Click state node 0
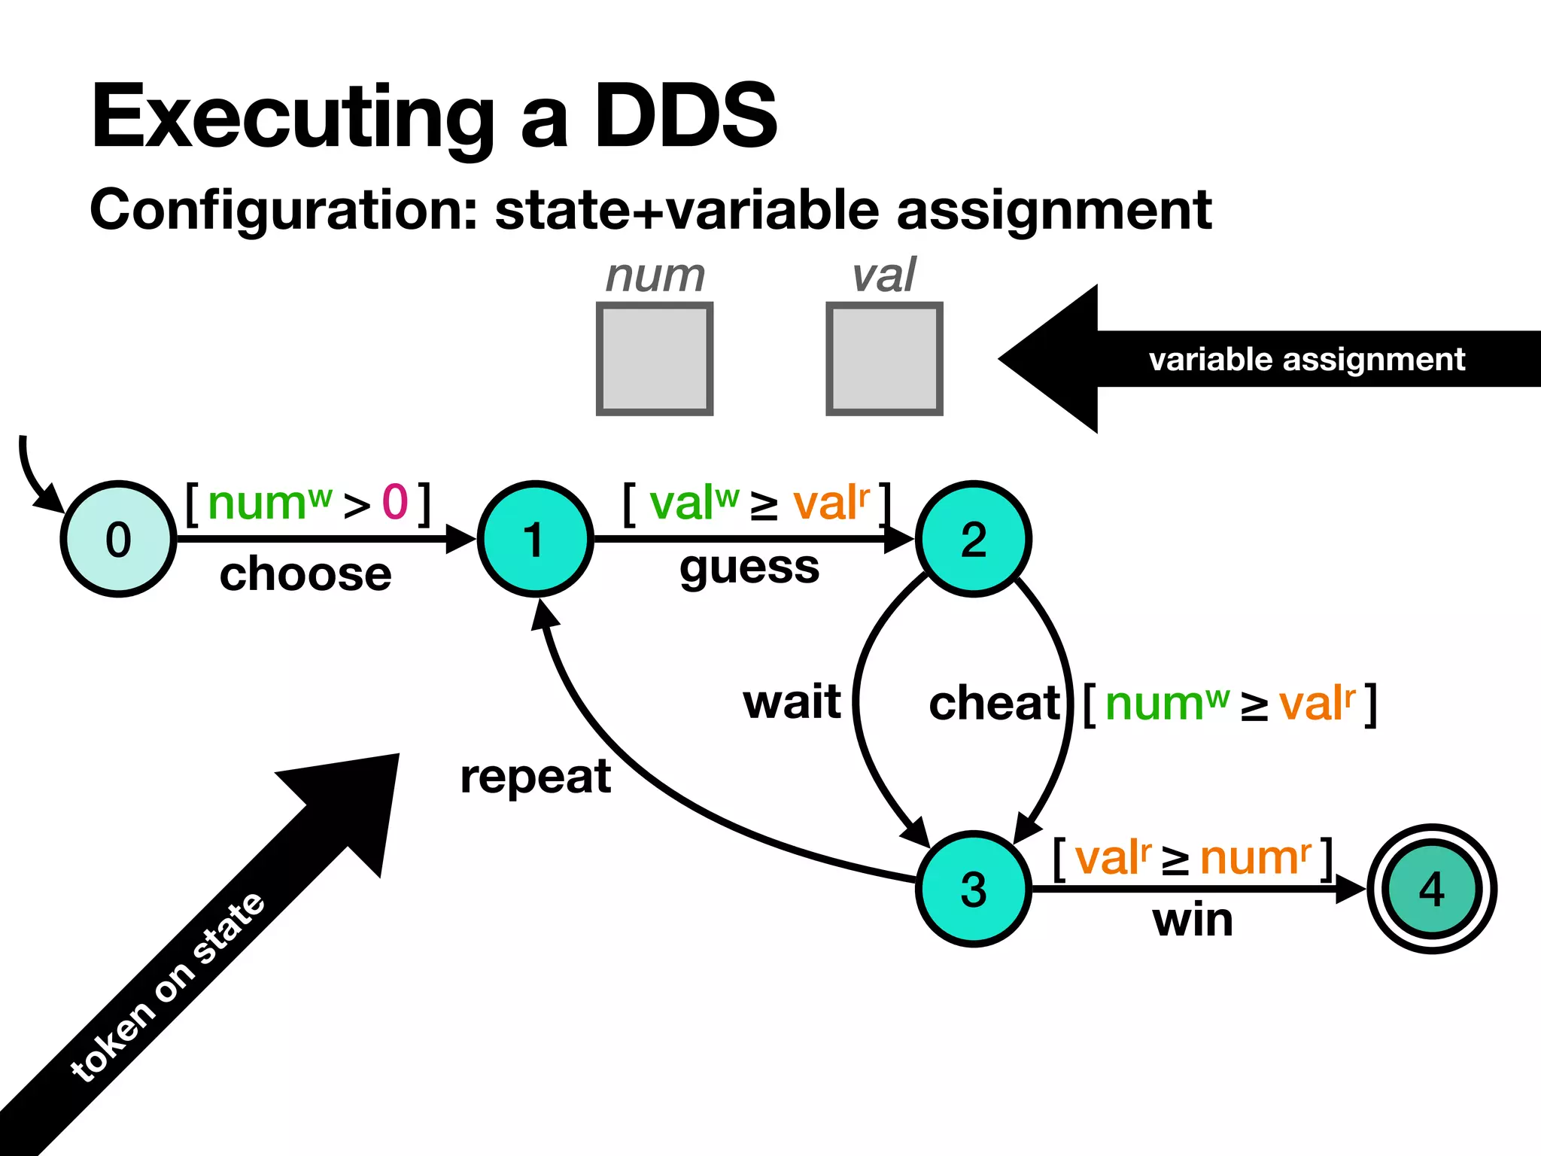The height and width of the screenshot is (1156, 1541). click(x=118, y=539)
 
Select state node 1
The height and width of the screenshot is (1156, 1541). click(x=535, y=539)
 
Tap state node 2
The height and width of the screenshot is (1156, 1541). click(x=973, y=539)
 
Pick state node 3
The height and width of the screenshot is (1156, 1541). click(x=973, y=889)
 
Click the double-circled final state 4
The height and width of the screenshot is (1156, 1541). click(x=1431, y=889)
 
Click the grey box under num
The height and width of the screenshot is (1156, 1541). click(x=654, y=359)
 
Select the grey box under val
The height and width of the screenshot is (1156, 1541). click(x=884, y=359)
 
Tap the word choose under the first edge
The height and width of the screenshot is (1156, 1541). click(x=305, y=574)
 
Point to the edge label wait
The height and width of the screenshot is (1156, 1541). click(x=792, y=701)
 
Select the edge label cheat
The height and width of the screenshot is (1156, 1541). click(x=994, y=703)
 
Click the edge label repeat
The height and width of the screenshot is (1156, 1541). click(x=535, y=777)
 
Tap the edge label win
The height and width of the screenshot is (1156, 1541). click(x=1193, y=920)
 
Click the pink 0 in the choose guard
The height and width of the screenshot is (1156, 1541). click(x=395, y=502)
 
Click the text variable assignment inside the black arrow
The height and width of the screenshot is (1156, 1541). click(x=1306, y=359)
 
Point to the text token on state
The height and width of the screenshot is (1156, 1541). click(x=167, y=987)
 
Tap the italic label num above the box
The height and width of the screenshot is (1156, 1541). click(x=655, y=275)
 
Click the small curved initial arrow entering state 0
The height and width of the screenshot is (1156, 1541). click(x=35, y=479)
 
